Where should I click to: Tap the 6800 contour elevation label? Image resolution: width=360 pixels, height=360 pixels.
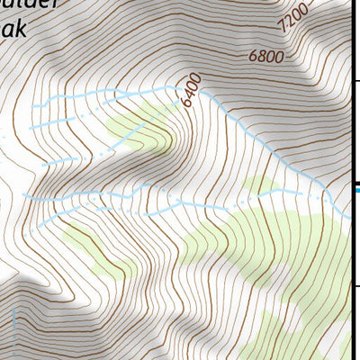(267, 57)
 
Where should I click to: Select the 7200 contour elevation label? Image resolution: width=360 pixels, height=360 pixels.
(294, 19)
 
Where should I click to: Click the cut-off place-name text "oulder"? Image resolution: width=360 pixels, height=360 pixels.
(26, 4)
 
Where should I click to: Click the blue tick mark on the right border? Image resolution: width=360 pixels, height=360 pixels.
(356, 189)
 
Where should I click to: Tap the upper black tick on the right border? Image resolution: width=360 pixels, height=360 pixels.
(356, 82)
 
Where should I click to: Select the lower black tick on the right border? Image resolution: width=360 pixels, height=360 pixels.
(356, 286)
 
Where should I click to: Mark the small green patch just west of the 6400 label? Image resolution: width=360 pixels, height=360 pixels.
(144, 126)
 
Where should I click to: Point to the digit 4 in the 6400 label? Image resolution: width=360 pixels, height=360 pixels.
(190, 93)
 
